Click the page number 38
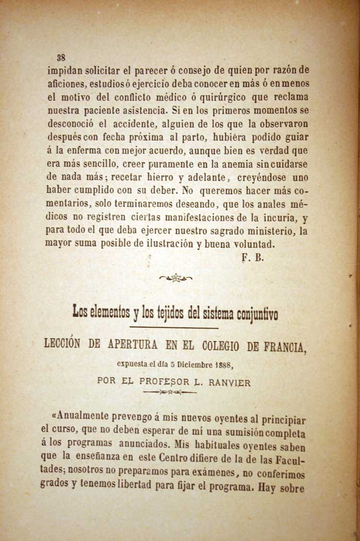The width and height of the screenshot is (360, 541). [60, 57]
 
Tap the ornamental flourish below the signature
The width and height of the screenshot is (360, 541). [176, 278]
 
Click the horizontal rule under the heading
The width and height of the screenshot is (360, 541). [174, 328]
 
